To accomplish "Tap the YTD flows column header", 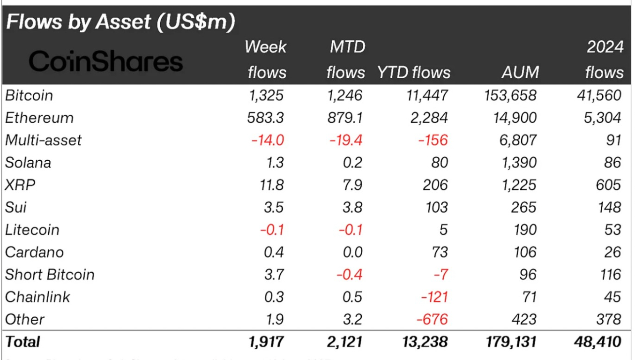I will tap(413, 72).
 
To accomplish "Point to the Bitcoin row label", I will tap(29, 96).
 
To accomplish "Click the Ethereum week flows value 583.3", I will tap(265, 118).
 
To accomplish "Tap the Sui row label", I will tap(16, 207).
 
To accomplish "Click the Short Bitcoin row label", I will tap(50, 275).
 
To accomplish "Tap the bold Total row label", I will tap(22, 342).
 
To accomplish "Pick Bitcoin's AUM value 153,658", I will tap(509, 96).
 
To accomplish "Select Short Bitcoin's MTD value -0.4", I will tap(350, 275).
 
